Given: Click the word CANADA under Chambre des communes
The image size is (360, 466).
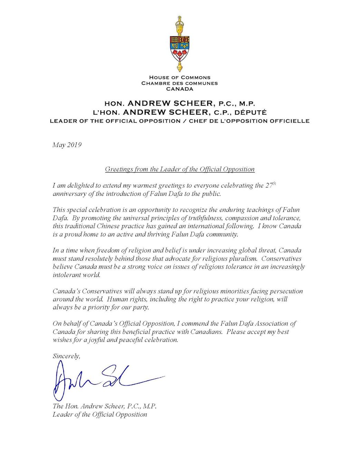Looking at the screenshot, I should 179,89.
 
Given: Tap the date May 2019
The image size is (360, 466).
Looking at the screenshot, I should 67,145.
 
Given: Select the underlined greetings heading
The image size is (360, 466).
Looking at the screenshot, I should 179,169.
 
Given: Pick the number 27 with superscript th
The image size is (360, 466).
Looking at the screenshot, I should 270,185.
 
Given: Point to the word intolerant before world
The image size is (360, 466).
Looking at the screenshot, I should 67,275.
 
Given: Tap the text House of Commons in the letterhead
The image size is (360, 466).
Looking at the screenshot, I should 179,78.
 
